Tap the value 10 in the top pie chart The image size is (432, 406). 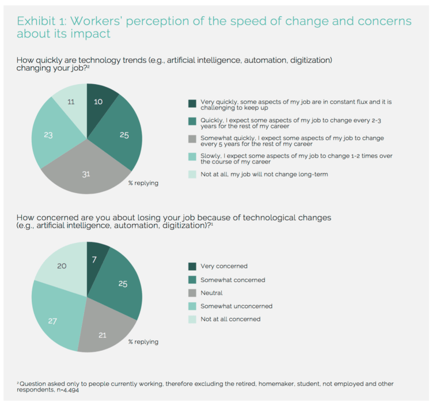99,102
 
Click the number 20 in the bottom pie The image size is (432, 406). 62,266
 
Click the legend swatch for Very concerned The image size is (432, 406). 192,267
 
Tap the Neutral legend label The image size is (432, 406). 211,293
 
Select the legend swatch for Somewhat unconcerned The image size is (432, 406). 192,306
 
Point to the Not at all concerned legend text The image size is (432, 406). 230,319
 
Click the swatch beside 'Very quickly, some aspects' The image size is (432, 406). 192,104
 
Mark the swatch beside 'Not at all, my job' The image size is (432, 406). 192,174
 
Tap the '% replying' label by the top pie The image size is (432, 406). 143,183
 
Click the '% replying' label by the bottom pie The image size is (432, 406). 143,342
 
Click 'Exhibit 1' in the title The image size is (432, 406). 41,21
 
